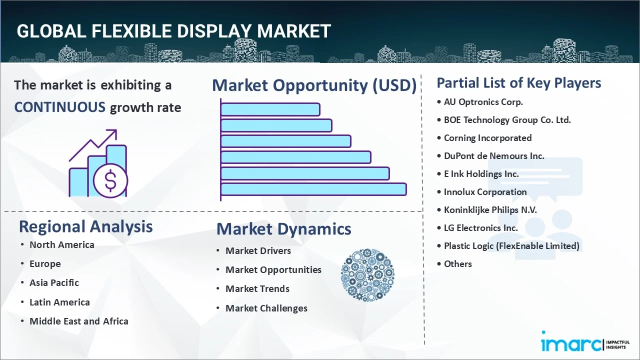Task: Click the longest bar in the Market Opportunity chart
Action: [x=313, y=189]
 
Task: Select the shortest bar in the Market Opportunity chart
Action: [x=270, y=109]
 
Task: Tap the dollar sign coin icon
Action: [x=110, y=180]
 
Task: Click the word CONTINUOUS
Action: [x=59, y=107]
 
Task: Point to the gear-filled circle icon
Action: [x=367, y=275]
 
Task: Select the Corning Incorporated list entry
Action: [x=487, y=138]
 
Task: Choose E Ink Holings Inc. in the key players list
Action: [x=481, y=174]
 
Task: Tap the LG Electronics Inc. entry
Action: [x=480, y=228]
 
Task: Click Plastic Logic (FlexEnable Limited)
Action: [x=511, y=246]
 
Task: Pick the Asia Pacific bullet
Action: [x=54, y=283]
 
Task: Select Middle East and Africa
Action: [x=78, y=321]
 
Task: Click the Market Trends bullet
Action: [x=257, y=289]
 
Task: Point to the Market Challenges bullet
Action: [x=266, y=308]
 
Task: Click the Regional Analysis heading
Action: [x=85, y=226]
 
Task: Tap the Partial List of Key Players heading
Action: [x=518, y=83]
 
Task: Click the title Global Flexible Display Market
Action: [x=173, y=31]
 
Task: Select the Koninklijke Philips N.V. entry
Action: [x=490, y=210]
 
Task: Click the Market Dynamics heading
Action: [x=283, y=229]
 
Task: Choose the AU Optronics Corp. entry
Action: [x=483, y=102]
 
